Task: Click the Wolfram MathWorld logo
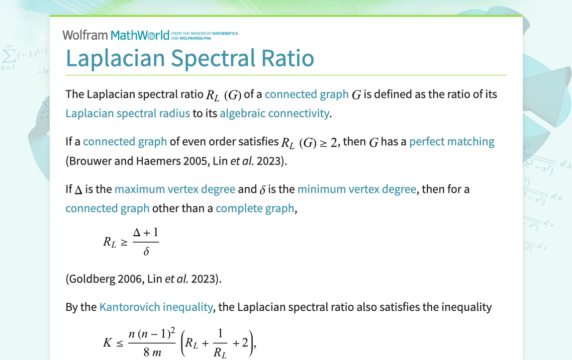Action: click(115, 35)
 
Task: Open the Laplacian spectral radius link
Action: click(128, 113)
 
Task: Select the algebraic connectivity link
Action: click(274, 113)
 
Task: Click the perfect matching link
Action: click(452, 142)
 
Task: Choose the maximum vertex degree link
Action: click(175, 189)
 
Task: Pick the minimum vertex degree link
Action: click(357, 189)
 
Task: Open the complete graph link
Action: click(255, 208)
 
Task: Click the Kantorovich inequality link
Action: click(156, 307)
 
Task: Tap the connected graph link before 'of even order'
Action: click(125, 142)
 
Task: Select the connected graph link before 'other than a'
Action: click(107, 208)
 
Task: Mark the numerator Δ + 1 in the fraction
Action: click(146, 232)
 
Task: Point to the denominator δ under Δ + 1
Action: click(146, 252)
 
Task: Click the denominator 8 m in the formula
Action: click(152, 353)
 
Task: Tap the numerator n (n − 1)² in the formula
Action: click(152, 332)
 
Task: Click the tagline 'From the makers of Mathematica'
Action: click(204, 33)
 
